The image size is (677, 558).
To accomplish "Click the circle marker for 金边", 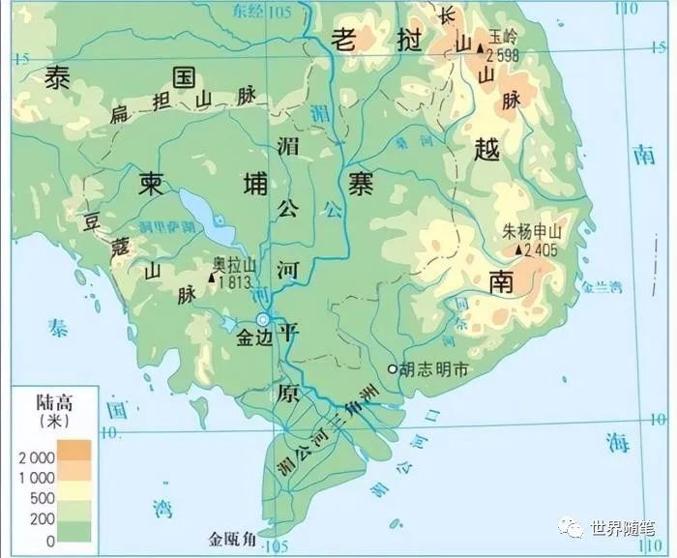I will [x=262, y=320].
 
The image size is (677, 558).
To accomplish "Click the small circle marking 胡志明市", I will [x=391, y=368].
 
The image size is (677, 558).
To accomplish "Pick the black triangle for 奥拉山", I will [x=212, y=279].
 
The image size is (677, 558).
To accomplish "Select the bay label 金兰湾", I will [x=603, y=287].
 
